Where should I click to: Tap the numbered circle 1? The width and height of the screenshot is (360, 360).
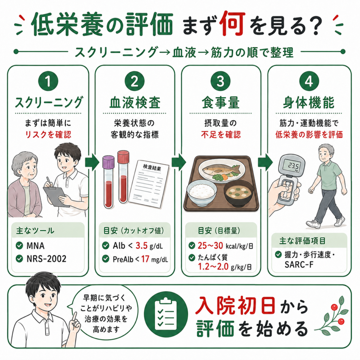(48, 81)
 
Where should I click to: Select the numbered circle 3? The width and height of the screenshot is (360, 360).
(221, 81)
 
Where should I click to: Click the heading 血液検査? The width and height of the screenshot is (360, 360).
(135, 103)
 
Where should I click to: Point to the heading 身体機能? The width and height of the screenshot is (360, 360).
(308, 103)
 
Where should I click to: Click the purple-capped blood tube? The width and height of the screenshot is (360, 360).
(108, 182)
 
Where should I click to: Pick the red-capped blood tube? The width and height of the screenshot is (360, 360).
(123, 177)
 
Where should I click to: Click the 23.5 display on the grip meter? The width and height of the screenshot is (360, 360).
(294, 166)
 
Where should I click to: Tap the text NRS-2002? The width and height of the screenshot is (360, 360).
(46, 259)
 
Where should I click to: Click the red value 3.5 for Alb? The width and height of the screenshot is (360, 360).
(141, 246)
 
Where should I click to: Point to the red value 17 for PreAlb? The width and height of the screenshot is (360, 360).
(145, 259)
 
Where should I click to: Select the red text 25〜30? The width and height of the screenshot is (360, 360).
(210, 246)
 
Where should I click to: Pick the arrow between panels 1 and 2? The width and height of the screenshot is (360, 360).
(92, 162)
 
